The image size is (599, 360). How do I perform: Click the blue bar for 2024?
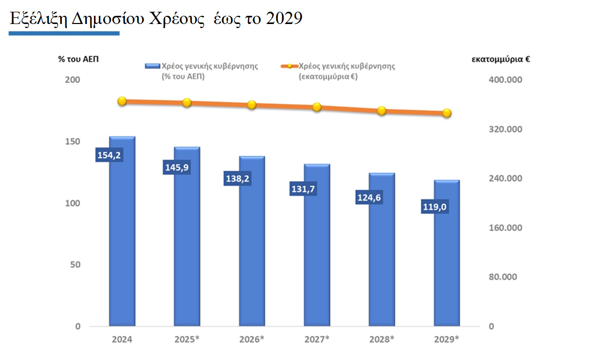coord(122,245)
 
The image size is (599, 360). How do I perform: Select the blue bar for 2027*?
coord(317,255)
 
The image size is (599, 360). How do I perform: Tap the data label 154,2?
coord(108,155)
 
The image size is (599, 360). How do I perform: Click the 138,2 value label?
coord(238,179)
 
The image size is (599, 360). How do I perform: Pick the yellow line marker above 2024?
coord(122,101)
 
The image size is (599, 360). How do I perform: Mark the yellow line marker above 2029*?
coord(447,113)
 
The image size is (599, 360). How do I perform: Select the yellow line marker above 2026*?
coord(252,105)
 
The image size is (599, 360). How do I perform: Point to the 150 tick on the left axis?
coord(75,141)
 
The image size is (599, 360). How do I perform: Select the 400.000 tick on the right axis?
coord(506,80)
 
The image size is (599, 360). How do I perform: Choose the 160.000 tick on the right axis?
coord(506,228)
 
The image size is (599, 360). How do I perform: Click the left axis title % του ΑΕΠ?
coord(78,59)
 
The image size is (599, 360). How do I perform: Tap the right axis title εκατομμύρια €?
coord(500,59)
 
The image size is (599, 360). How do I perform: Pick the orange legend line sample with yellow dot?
coord(289,66)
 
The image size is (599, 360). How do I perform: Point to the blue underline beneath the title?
coord(64,33)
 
